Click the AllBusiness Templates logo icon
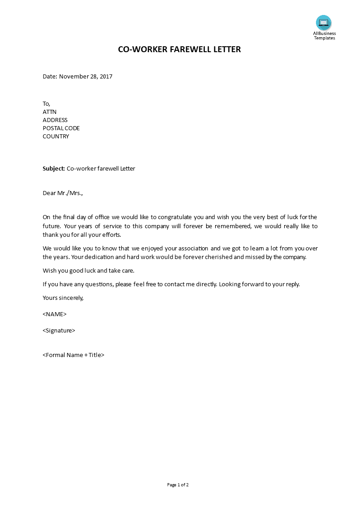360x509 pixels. point(324,23)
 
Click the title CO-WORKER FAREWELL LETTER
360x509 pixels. point(179,49)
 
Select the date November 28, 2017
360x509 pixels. point(86,76)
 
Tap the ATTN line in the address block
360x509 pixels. point(49,112)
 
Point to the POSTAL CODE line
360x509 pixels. point(61,128)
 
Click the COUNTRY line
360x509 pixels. point(56,136)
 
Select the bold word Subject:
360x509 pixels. point(54,169)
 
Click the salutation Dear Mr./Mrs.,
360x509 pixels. point(63,193)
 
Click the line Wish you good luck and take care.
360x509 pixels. point(89,271)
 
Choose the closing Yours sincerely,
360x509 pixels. point(63,298)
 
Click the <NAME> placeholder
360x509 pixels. point(54,314)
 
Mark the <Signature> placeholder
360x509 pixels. point(59,330)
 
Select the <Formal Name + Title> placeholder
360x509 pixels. point(74,355)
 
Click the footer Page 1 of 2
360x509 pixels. point(178,485)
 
